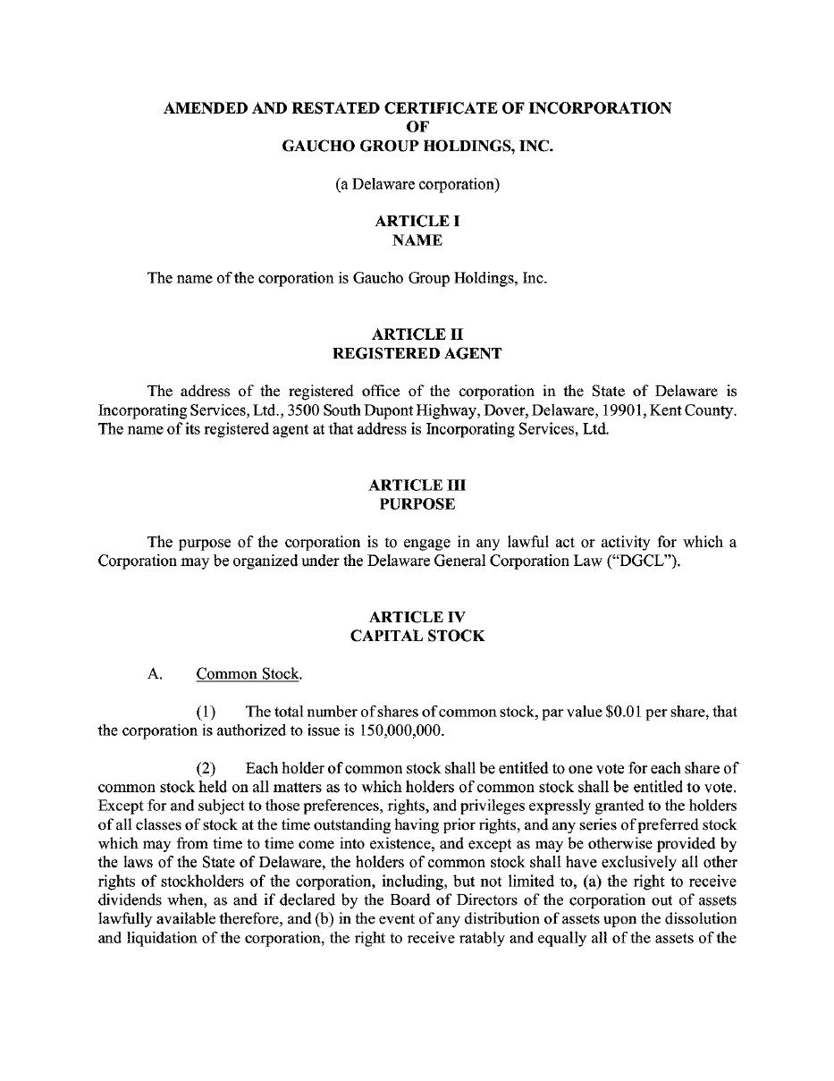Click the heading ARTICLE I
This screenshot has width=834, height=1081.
click(417, 221)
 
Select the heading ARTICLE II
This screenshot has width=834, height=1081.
click(417, 334)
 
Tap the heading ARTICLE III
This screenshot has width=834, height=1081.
click(417, 485)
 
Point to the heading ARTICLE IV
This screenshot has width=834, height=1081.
click(417, 617)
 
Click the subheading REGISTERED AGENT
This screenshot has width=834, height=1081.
click(417, 353)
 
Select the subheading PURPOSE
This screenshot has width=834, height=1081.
click(417, 504)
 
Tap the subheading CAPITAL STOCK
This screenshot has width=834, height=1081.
click(417, 637)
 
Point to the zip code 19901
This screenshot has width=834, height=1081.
click(625, 410)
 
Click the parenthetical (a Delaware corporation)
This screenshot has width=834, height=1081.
click(417, 185)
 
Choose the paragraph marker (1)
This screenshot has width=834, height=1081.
click(206, 712)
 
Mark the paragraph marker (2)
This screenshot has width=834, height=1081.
click(206, 768)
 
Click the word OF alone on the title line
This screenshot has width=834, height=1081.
click(417, 127)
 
